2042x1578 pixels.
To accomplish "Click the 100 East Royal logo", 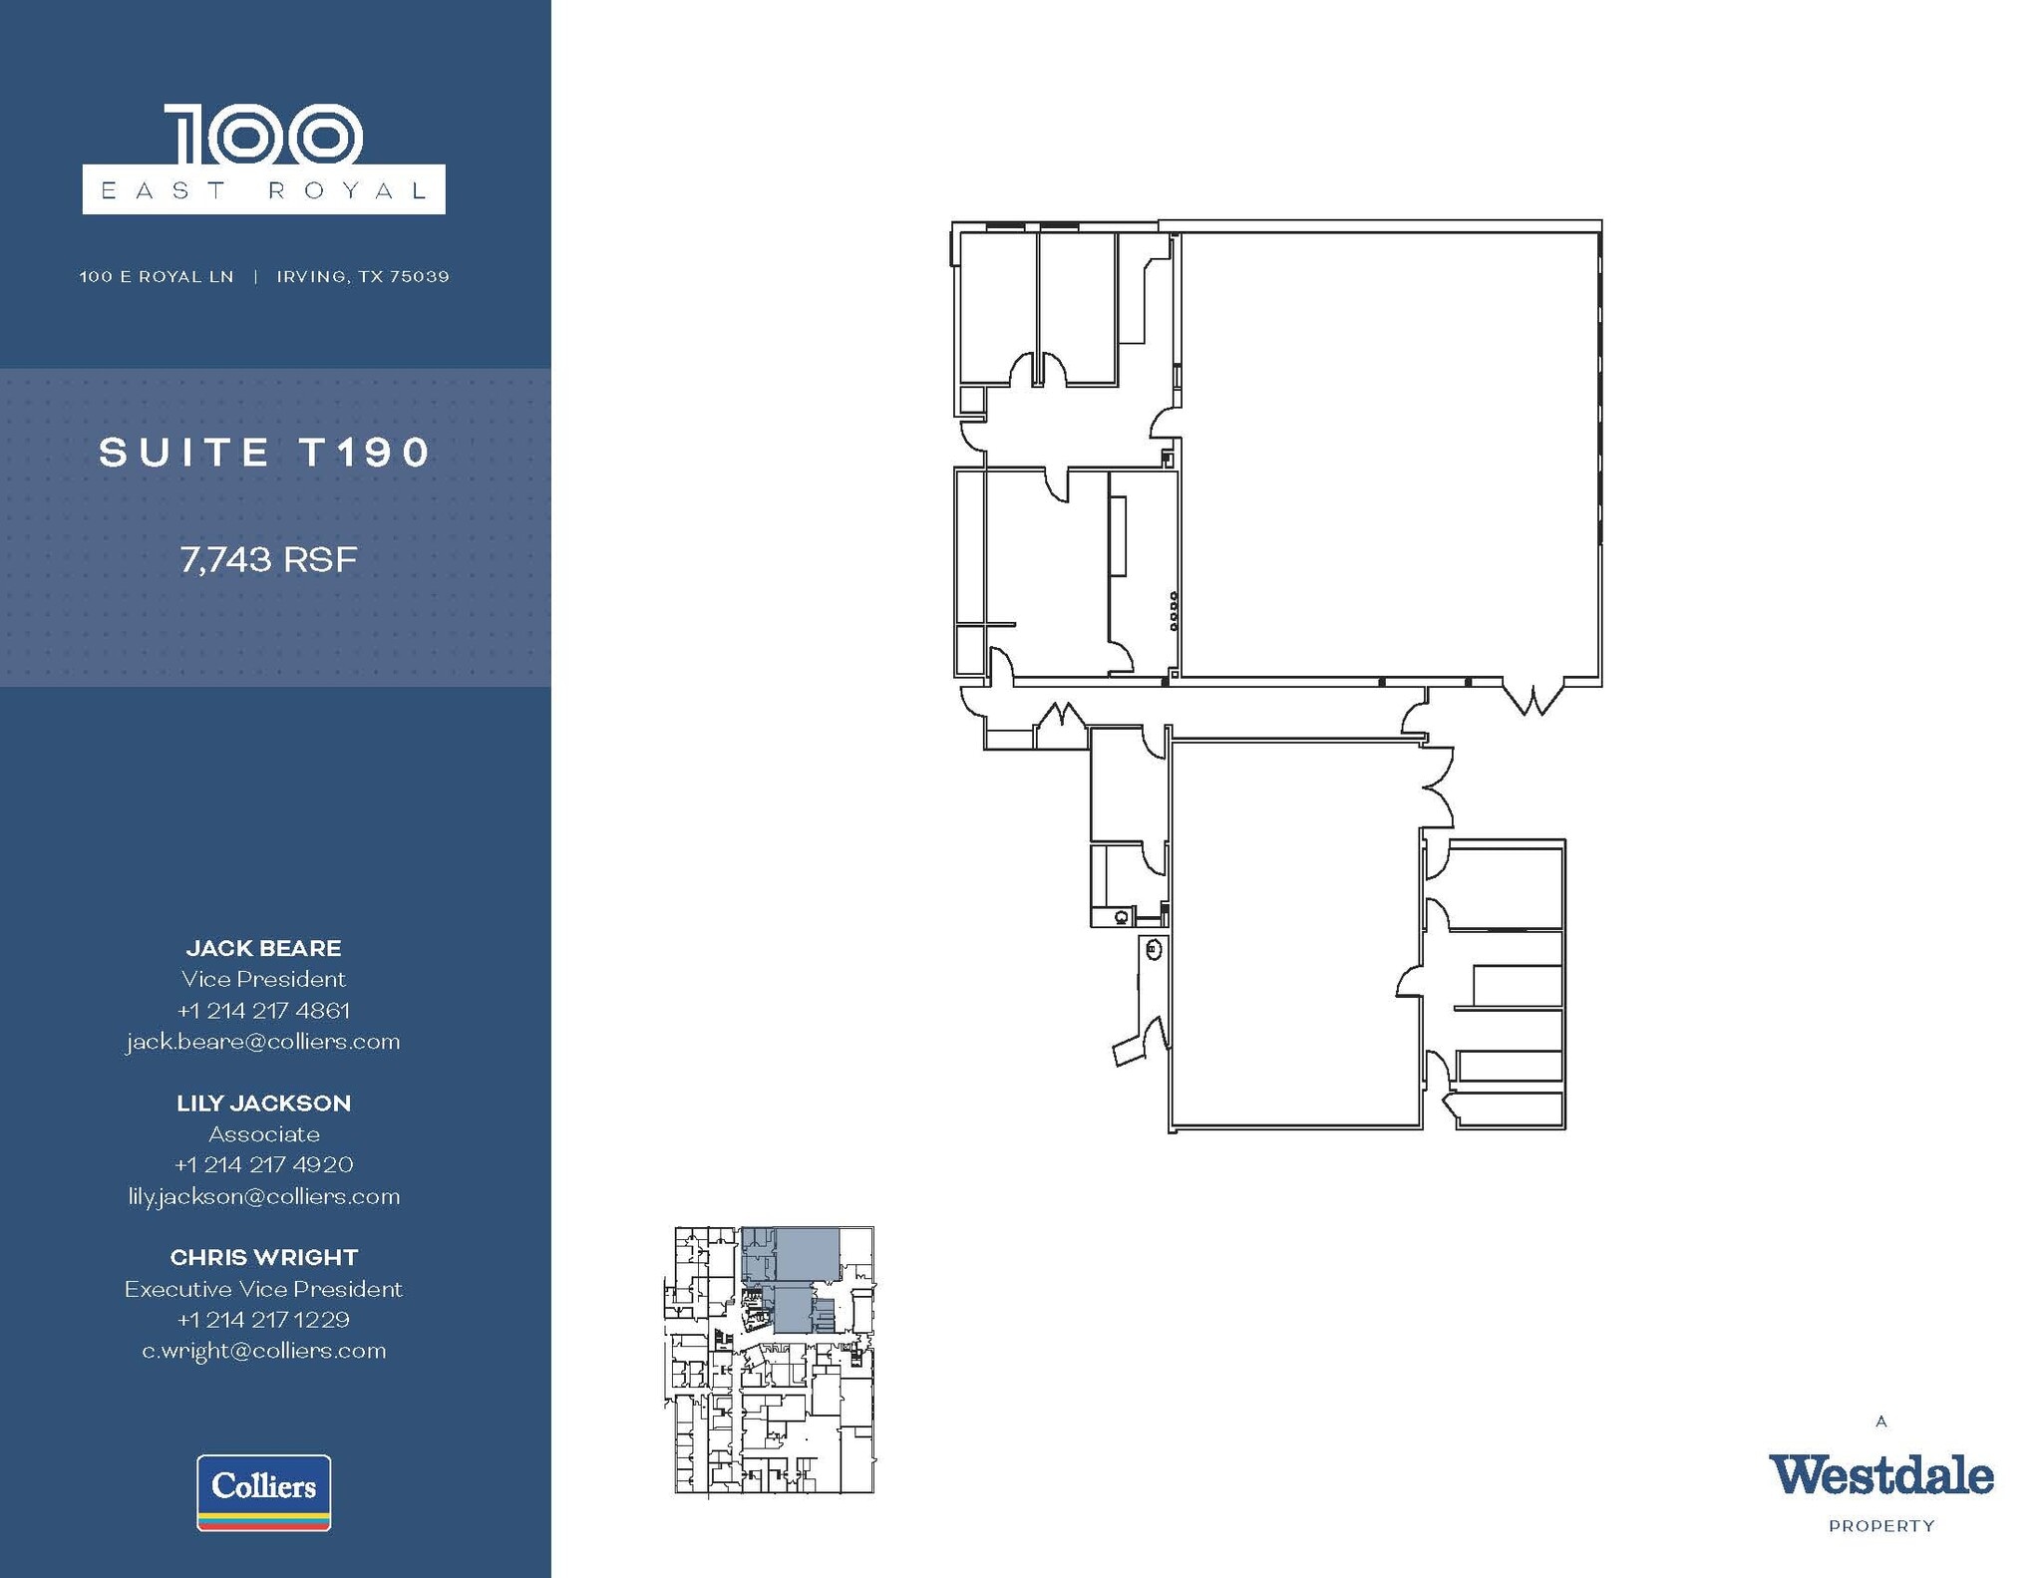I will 263,159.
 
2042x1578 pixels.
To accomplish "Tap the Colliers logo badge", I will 264,1491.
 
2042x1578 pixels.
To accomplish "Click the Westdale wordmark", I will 1880,1476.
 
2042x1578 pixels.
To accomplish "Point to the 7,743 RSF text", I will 268,559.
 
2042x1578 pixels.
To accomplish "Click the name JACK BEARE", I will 263,948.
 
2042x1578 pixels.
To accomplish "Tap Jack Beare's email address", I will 263,1042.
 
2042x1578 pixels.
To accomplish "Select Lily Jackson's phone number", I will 263,1164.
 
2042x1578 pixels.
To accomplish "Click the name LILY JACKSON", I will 263,1103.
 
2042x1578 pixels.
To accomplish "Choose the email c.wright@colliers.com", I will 263,1351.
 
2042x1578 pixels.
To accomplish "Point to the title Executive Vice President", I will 263,1289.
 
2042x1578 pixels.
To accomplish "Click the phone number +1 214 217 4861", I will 263,1011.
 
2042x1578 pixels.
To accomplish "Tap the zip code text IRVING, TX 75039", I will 363,276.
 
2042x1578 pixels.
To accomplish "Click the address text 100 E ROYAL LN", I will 157,276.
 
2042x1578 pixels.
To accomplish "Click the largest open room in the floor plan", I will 1388,454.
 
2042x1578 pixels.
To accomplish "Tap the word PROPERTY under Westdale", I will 1881,1526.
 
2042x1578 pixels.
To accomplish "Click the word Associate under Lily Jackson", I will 263,1134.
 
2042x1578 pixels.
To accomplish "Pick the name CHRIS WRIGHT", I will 263,1258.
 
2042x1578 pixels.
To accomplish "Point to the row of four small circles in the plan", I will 1174,611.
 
